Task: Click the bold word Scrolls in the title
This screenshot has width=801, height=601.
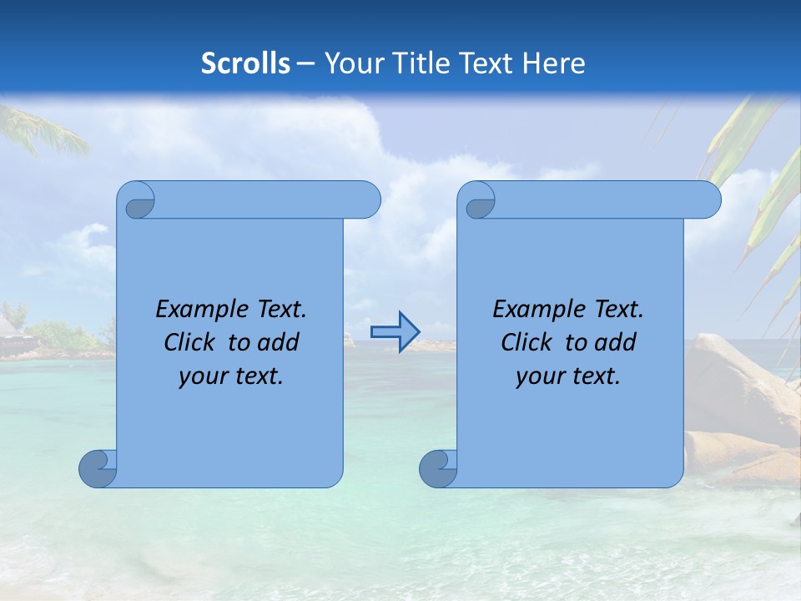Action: (x=246, y=63)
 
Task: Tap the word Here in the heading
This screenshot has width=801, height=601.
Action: (x=552, y=63)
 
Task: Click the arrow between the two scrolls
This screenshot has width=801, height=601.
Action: (x=395, y=332)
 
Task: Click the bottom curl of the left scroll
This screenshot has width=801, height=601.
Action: (x=97, y=468)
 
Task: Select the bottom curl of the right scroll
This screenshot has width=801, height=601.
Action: (x=437, y=468)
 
